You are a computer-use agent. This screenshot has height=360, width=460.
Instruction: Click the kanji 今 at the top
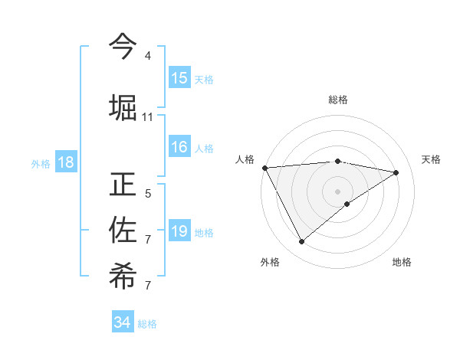click(x=123, y=47)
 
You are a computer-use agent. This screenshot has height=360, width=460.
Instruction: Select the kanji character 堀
click(x=123, y=107)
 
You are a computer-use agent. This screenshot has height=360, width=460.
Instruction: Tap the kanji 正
click(x=123, y=185)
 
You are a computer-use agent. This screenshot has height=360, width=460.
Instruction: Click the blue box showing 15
click(x=179, y=78)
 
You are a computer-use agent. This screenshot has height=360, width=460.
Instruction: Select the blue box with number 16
click(x=179, y=147)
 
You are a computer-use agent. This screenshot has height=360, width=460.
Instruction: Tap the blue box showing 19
click(x=179, y=231)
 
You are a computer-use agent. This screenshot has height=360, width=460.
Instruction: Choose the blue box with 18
click(x=65, y=162)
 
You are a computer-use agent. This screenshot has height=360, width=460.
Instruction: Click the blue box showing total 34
click(x=123, y=322)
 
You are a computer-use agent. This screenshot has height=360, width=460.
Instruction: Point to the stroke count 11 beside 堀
click(x=148, y=117)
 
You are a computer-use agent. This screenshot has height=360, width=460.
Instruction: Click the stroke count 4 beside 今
click(x=148, y=56)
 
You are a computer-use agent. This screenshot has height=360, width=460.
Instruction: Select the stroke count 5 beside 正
click(x=148, y=194)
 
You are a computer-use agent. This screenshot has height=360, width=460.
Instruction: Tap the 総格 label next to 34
click(x=147, y=324)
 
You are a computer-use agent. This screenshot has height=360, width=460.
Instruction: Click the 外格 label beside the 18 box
click(x=41, y=163)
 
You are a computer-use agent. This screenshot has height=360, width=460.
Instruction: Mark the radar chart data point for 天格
click(x=396, y=172)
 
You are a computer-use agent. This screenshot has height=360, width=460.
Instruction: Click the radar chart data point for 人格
click(x=264, y=168)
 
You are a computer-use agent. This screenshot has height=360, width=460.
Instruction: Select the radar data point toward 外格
click(x=301, y=242)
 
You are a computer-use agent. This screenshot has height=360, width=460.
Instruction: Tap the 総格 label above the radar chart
click(x=338, y=100)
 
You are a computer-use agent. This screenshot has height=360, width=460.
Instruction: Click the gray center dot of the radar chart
click(x=338, y=191)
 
